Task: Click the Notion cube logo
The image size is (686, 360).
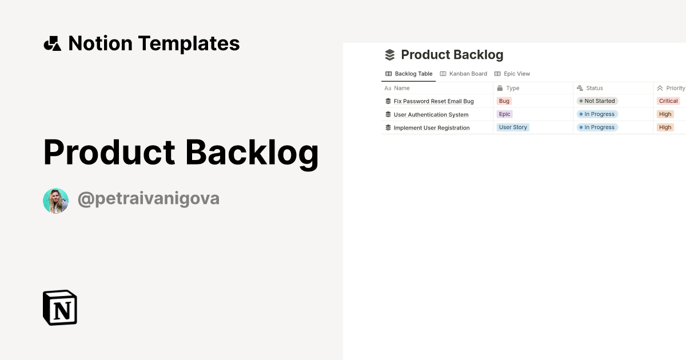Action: (x=60, y=307)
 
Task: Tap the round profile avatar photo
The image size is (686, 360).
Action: (x=56, y=201)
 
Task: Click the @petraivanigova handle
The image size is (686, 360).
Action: (x=149, y=199)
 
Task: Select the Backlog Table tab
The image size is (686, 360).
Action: (x=409, y=74)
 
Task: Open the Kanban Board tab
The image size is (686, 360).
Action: (x=464, y=74)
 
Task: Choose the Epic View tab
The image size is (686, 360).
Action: (x=512, y=74)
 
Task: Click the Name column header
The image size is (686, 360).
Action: (x=397, y=88)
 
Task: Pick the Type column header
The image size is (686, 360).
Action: (x=508, y=88)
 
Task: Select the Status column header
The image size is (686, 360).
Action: (x=589, y=88)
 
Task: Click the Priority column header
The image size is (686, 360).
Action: (x=671, y=88)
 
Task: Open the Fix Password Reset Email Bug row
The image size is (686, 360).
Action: (x=434, y=101)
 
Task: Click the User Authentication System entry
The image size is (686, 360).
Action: (x=431, y=115)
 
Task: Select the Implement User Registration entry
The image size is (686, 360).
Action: (x=432, y=128)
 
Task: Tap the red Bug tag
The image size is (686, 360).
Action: (x=504, y=101)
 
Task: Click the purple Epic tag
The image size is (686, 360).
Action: (x=505, y=114)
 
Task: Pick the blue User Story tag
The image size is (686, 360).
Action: (x=513, y=127)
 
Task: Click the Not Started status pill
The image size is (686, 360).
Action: (x=597, y=101)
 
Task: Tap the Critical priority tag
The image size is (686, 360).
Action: (x=668, y=101)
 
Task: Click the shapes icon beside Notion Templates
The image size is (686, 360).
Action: (x=53, y=43)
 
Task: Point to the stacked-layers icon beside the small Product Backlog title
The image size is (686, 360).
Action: (x=390, y=55)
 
